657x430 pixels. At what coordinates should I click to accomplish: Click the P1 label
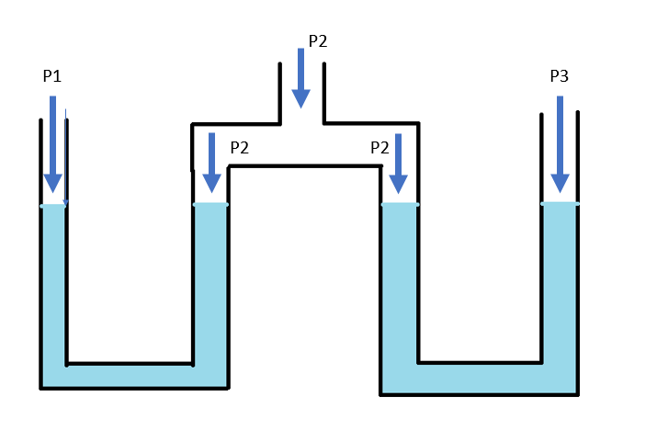point(52,76)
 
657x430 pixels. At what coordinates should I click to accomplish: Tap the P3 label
point(559,76)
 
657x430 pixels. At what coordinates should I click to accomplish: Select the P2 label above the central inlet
point(318,41)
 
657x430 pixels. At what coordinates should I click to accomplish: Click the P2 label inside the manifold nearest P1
point(239,148)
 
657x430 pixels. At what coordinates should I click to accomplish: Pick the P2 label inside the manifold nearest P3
point(379,148)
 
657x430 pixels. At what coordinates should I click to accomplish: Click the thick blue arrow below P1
point(52,144)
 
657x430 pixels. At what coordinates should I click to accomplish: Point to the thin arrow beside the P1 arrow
point(66,158)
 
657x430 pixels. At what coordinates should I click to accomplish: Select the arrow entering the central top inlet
point(300,78)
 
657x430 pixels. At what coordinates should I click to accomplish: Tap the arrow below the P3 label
point(560,144)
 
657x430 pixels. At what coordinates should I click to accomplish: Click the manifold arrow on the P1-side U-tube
point(211,163)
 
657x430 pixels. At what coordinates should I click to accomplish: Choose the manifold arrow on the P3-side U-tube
point(398,164)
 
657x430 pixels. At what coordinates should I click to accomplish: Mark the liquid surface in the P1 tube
point(53,206)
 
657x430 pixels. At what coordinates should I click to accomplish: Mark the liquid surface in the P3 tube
point(560,204)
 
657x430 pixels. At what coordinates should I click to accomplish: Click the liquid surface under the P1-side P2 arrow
point(210,205)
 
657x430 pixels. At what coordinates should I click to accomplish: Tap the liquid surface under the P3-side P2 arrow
point(400,205)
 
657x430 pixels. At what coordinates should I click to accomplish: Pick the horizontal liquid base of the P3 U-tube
point(480,379)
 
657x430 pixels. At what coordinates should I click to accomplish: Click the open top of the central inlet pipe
point(302,63)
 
